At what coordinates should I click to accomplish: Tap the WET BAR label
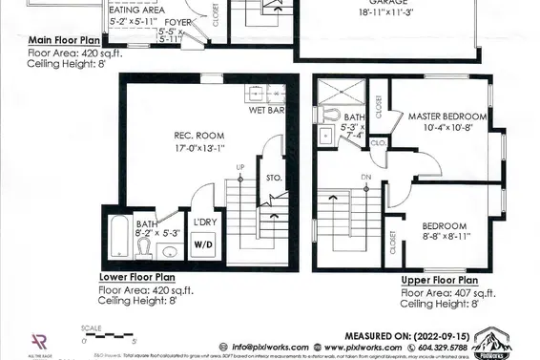[x=268, y=110]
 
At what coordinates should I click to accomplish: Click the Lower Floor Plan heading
[x=133, y=279]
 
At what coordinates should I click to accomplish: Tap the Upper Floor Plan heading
[x=439, y=281]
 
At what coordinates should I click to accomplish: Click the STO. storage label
[x=273, y=177]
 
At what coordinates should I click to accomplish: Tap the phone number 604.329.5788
[x=442, y=347]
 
